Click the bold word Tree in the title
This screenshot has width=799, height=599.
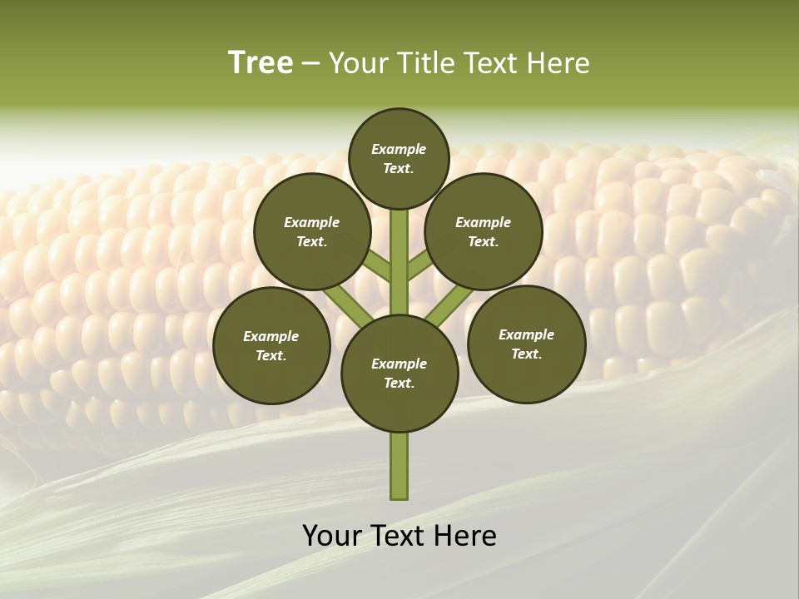pos(261,62)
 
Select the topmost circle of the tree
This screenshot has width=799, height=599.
pos(399,158)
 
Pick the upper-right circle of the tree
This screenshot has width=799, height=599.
pos(484,231)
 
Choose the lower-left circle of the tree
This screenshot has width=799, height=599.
pos(271,345)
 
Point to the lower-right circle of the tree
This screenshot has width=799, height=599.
pos(526,344)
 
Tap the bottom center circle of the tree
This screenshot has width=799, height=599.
pos(399,374)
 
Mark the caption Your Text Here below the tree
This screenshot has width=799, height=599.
pos(399,535)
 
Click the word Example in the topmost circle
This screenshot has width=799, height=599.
pos(399,149)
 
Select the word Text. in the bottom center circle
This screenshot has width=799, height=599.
pos(399,384)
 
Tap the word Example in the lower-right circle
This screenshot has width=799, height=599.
pos(526,334)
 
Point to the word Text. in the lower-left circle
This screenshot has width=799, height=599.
pos(271,356)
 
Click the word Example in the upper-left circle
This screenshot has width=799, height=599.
pos(312,222)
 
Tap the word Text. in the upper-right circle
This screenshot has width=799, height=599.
pos(484,242)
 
